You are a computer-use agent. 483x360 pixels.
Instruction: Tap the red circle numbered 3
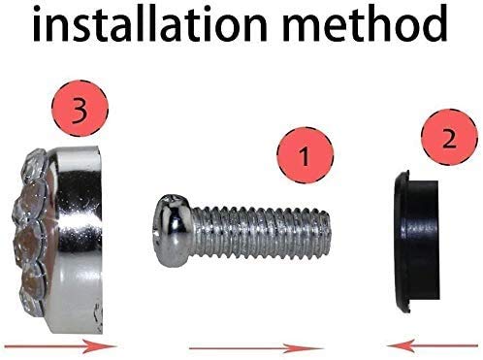pos(80,109)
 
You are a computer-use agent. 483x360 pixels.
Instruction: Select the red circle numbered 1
pos(305,155)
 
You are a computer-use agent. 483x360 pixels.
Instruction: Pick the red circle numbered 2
pos(449,137)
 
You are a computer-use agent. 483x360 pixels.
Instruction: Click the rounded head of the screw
pos(173,231)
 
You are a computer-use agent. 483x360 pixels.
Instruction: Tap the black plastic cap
pos(416,241)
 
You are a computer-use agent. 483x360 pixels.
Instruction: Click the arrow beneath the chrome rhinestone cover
pos(60,346)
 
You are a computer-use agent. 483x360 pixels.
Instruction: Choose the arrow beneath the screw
pos(256,348)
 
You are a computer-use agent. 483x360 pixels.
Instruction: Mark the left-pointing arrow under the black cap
pos(432,345)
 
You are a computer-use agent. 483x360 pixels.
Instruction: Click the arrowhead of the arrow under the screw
pos(304,348)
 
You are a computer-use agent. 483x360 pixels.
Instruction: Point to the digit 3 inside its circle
pos(80,110)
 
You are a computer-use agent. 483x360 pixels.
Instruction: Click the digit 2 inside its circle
pos(449,139)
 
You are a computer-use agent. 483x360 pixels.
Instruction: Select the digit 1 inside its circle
pos(304,156)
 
